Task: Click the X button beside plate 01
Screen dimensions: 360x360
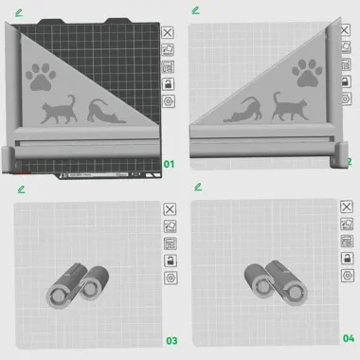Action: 169,32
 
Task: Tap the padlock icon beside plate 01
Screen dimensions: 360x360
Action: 169,83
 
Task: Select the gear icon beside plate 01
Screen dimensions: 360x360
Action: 169,100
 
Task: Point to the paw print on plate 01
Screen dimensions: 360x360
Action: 40,76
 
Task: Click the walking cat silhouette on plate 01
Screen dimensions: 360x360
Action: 60,111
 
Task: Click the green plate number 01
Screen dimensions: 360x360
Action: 171,163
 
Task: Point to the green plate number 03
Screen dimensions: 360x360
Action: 171,339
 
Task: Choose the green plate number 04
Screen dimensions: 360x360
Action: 348,338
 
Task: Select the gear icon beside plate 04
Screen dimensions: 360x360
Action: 348,277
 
